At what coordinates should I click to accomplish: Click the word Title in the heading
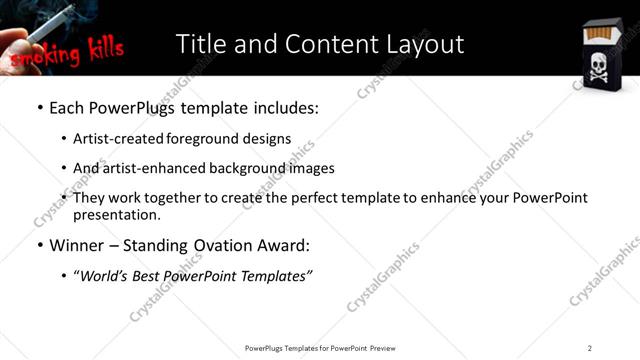201,44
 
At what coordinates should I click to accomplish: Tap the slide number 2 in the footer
590,348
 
